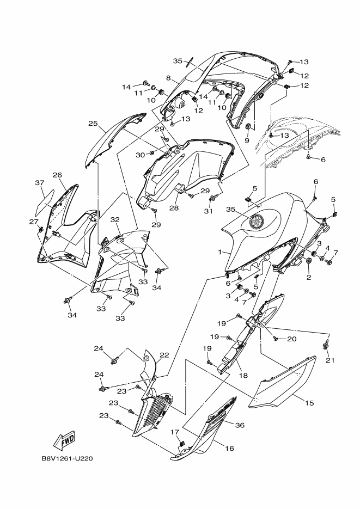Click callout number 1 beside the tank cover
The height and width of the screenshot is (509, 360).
[x=221, y=253]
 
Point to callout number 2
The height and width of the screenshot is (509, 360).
[x=308, y=278]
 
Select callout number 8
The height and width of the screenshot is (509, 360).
[x=169, y=78]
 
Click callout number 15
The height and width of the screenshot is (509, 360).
[x=309, y=403]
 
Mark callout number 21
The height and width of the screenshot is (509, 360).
[x=330, y=360]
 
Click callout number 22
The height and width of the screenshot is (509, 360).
[x=164, y=355]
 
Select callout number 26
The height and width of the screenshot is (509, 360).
[x=57, y=175]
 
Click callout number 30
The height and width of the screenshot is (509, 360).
[x=140, y=155]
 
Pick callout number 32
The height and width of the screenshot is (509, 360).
[x=115, y=220]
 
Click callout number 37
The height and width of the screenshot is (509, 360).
[x=39, y=183]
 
